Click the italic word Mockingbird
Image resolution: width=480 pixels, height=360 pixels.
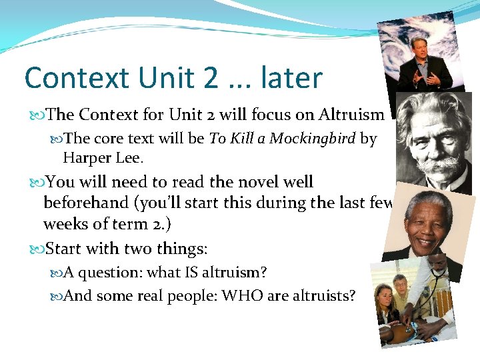click(314, 139)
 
